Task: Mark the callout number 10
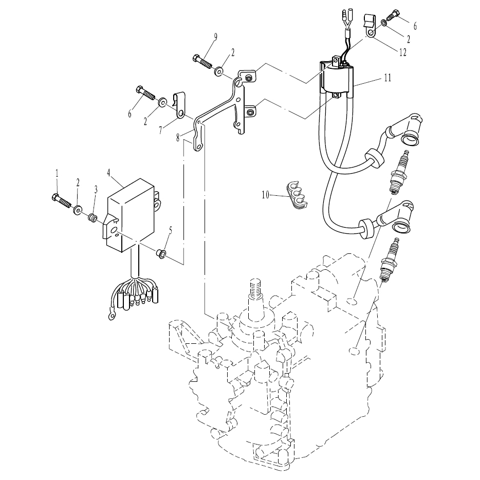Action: (x=266, y=195)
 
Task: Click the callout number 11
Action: (x=387, y=78)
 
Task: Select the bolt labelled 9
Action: (x=203, y=62)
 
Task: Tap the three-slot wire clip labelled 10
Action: (x=297, y=194)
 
